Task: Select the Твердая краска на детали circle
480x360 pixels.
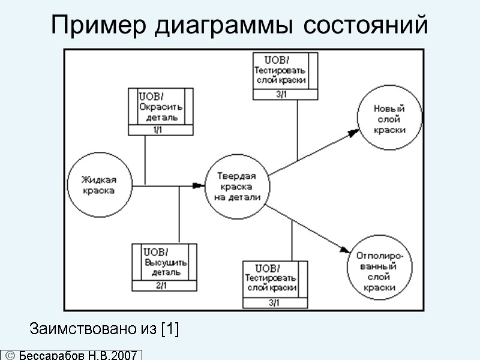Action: click(x=236, y=187)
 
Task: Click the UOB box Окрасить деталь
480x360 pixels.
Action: click(x=161, y=108)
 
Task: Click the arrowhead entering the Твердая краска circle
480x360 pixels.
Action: click(x=197, y=187)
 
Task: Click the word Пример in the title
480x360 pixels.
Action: click(x=98, y=25)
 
